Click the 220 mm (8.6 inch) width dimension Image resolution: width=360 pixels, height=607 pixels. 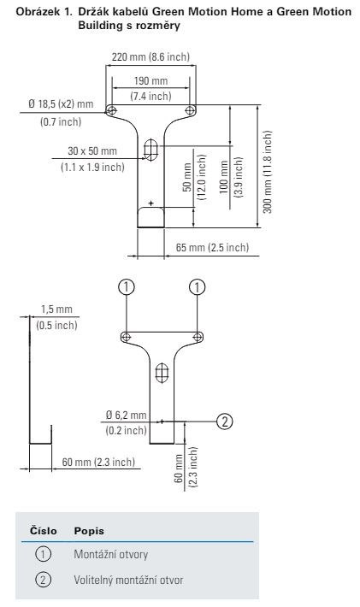click(151, 57)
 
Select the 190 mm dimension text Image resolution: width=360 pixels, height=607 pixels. click(151, 81)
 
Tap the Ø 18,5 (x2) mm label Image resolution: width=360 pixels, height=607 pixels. click(61, 103)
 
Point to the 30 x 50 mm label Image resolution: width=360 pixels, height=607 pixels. click(92, 151)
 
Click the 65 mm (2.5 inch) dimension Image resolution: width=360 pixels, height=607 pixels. click(212, 247)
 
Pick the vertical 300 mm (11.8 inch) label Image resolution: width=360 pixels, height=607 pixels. click(268, 172)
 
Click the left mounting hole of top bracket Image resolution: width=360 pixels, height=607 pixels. click(111, 111)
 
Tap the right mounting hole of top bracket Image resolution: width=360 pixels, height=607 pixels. click(190, 110)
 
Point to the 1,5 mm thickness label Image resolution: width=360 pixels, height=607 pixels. click(56, 309)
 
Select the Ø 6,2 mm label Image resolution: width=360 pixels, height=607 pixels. click(127, 415)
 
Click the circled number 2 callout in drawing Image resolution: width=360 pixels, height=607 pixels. click(225, 421)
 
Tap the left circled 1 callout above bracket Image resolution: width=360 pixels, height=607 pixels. click(127, 287)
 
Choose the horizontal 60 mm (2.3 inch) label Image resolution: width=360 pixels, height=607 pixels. click(98, 462)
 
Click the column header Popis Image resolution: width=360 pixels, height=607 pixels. click(89, 531)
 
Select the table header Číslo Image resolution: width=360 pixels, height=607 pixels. click(44, 531)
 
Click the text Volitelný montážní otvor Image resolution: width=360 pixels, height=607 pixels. click(128, 580)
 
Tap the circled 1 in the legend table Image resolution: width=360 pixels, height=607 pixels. click(43, 554)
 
